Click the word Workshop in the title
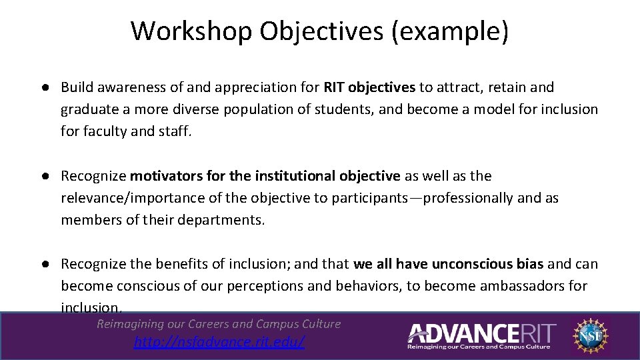pos(191,31)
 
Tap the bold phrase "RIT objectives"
pos(369,87)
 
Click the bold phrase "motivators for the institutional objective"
pos(265,176)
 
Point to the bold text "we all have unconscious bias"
pos(449,264)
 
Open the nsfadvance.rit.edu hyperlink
pos(219,342)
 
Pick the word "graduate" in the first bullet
pos(86,109)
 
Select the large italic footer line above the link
pos(219,324)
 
